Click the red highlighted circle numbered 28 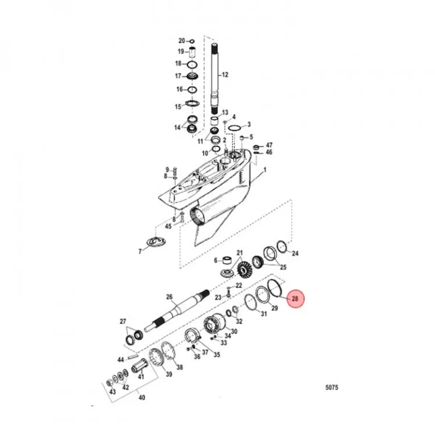click(294, 299)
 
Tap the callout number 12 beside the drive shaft click(225, 75)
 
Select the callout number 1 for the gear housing click(265, 170)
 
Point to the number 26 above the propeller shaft click(169, 297)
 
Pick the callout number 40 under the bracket click(142, 398)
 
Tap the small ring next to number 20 click(192, 41)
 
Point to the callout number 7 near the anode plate click(140, 251)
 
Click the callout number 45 click(168, 227)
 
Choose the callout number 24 click(295, 253)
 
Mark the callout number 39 click(169, 374)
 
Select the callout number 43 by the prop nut click(113, 392)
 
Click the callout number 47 click(269, 145)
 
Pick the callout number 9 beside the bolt click(167, 170)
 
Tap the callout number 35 click(216, 355)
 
